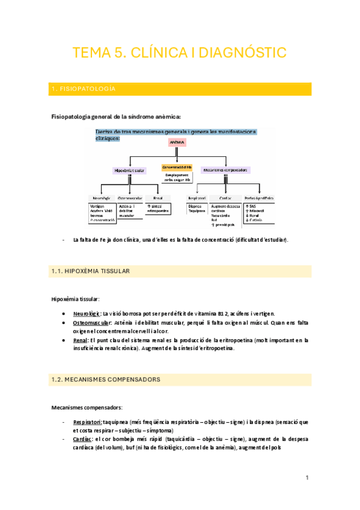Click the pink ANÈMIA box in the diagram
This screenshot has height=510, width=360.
177,143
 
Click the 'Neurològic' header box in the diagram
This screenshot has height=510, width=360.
100,197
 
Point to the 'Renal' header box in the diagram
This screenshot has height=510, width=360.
158,197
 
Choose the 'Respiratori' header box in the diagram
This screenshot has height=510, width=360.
197,197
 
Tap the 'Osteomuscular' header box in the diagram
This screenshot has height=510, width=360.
130,197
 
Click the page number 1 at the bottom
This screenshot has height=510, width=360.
307,478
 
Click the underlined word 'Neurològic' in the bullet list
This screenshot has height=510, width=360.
87,313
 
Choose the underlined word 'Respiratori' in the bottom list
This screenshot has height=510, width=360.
87,422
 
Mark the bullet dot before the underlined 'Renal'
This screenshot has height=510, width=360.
64,340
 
